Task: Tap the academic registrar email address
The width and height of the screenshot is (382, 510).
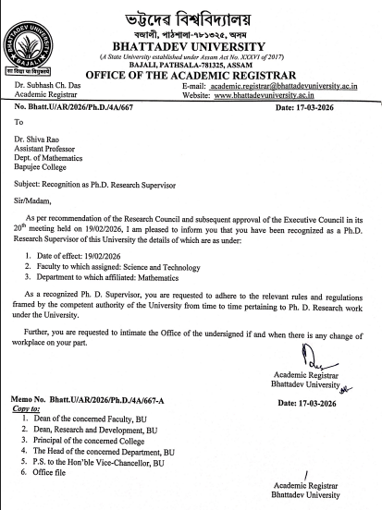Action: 294,84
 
